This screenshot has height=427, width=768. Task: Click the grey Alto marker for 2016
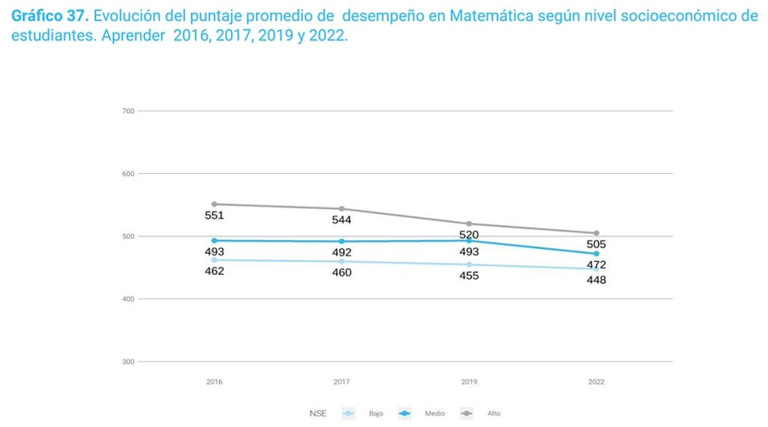(214, 204)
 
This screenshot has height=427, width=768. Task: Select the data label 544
(341, 220)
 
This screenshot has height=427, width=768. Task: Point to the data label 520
(469, 235)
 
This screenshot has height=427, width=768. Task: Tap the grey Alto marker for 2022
(596, 233)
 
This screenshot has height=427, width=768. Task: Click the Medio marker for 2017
(342, 241)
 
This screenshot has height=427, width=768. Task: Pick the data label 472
(596, 264)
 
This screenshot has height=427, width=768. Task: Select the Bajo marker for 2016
(214, 260)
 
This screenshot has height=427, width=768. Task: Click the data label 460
(341, 273)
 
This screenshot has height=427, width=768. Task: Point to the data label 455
(469, 276)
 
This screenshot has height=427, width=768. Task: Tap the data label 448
(596, 280)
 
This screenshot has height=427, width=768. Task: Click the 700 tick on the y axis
(127, 111)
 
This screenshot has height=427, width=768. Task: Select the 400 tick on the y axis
(127, 299)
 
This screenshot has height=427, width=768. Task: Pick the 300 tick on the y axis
(127, 362)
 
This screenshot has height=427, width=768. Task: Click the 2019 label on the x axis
(469, 382)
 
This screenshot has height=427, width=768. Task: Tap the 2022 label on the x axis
(596, 382)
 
